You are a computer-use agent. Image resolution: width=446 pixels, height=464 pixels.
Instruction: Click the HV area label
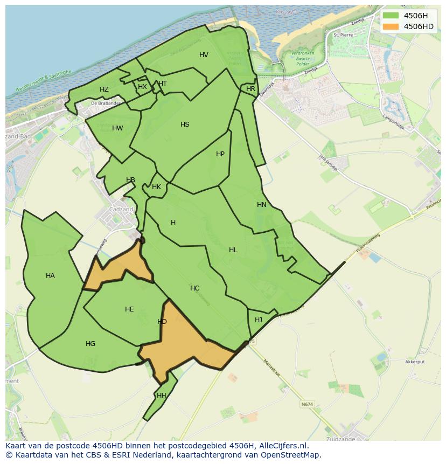tap(204, 55)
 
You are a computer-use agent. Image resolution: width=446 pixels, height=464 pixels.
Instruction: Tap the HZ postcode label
tap(104, 89)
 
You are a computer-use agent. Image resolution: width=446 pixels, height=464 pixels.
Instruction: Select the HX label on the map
tap(142, 87)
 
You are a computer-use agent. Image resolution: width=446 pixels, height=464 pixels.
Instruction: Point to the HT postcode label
tap(163, 84)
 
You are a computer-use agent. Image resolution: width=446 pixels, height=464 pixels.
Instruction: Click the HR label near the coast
tap(250, 89)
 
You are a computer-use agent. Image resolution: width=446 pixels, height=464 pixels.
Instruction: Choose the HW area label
tap(117, 128)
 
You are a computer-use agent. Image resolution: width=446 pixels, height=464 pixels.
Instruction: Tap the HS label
tap(185, 124)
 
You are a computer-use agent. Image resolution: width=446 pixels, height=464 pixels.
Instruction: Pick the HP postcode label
tap(220, 154)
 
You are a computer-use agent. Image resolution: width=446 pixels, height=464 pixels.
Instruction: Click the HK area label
tap(156, 187)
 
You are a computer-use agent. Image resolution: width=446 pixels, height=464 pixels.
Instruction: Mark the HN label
tap(262, 205)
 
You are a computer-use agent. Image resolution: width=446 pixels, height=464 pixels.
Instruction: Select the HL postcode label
tap(233, 250)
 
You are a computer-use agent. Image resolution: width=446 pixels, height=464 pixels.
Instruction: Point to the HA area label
tap(50, 276)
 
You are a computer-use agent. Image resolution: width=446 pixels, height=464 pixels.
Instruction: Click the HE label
tap(129, 309)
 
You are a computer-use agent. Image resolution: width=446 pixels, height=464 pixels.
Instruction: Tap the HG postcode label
tap(90, 344)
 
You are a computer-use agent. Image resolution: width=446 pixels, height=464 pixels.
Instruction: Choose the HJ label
tap(259, 320)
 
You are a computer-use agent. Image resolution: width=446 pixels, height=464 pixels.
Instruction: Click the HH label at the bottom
tap(161, 396)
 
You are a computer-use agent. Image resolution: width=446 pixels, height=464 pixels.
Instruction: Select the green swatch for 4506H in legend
tap(391, 16)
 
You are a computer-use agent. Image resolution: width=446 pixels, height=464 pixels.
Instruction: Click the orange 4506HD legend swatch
tap(391, 26)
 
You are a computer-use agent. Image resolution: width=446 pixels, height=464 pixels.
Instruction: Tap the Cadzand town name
tap(120, 210)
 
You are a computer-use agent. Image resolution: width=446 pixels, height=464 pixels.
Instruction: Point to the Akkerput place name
tap(415, 362)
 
